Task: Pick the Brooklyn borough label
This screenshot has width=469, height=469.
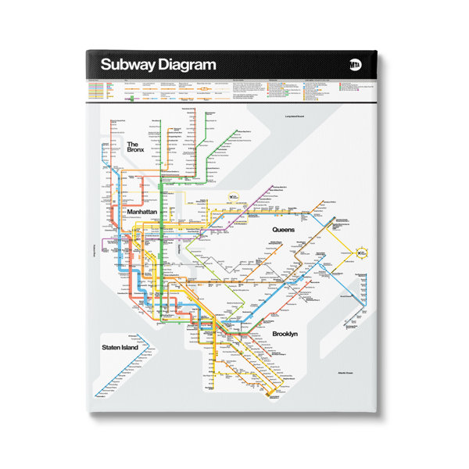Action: click(x=290, y=335)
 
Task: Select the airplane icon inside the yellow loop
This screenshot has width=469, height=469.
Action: click(x=362, y=253)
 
